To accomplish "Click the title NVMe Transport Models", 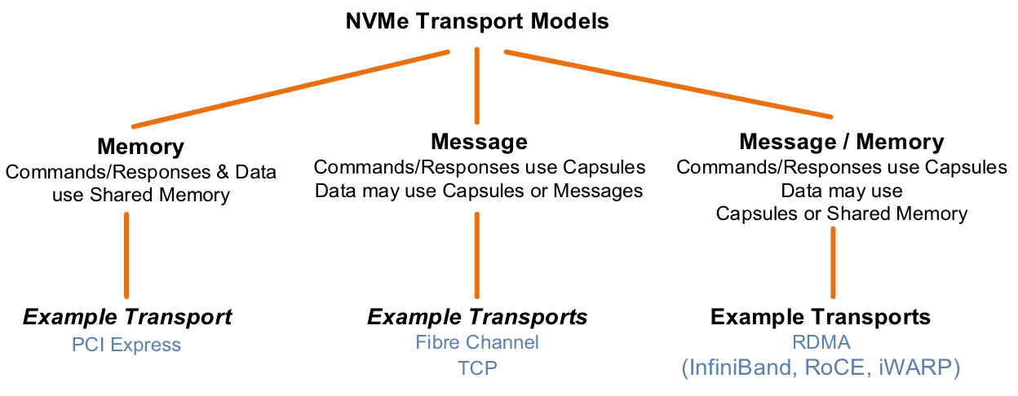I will [x=477, y=21].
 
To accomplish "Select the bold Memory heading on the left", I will [x=140, y=147].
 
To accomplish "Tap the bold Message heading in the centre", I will [x=479, y=143].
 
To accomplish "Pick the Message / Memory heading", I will [x=841, y=142].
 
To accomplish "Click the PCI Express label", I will [x=126, y=345].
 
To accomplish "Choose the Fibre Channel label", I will [x=477, y=342].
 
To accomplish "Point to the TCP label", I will [x=477, y=367].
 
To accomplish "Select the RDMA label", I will [x=820, y=343].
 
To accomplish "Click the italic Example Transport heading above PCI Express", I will [x=127, y=317].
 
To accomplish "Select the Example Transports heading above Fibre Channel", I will [x=477, y=317].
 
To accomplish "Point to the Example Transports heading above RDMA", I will [x=820, y=317].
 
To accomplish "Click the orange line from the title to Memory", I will [x=290, y=90].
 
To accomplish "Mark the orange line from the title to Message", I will [x=477, y=86].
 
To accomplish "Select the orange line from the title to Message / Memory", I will [x=669, y=85].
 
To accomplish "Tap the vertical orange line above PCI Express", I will [x=126, y=254].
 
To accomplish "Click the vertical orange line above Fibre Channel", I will [x=477, y=254].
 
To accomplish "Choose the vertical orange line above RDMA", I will [x=833, y=262].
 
